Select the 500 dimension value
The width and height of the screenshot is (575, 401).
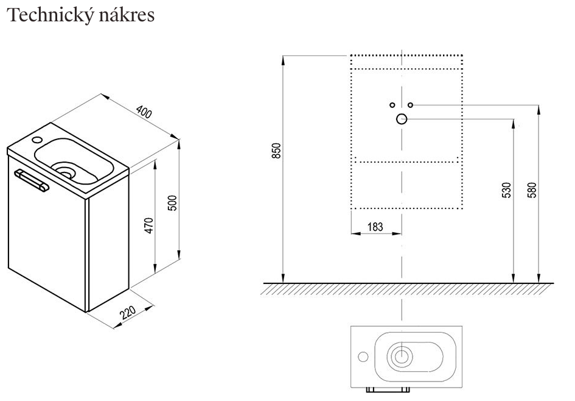(172, 202)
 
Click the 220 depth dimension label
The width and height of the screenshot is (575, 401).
(128, 313)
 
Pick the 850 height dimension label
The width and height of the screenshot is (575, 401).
(276, 151)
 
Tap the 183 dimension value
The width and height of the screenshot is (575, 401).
(375, 227)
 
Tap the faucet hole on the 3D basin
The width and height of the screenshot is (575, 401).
(38, 141)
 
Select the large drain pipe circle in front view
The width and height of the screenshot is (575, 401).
(402, 119)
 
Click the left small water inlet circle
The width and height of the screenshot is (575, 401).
(392, 105)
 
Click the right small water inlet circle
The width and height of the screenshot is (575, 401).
(411, 105)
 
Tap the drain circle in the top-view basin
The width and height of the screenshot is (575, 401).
(402, 357)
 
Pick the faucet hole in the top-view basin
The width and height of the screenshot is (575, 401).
(363, 357)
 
